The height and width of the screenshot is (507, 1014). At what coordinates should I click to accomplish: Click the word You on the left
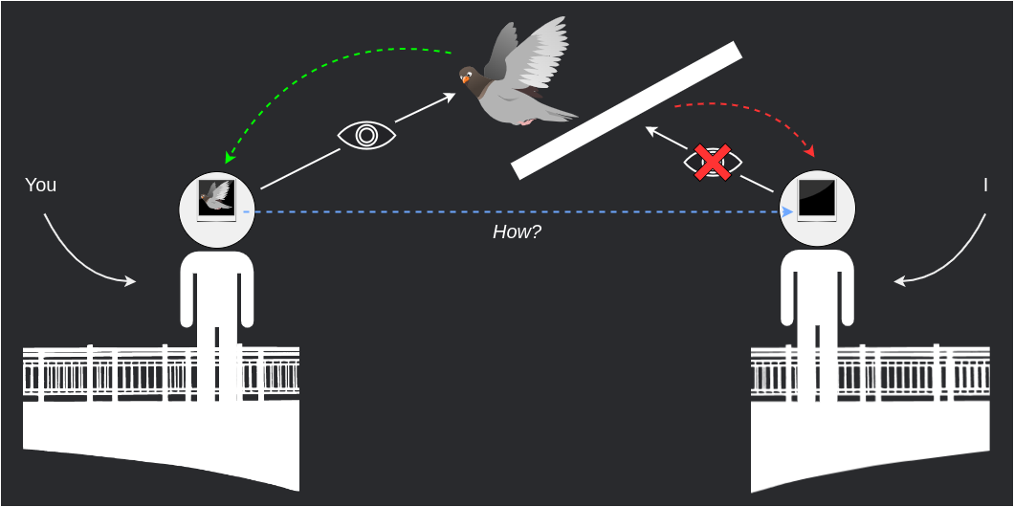pyautogui.click(x=40, y=185)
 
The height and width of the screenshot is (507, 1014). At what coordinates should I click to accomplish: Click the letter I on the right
pyautogui.click(x=985, y=185)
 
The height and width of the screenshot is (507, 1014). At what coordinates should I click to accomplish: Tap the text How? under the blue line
pyautogui.click(x=517, y=231)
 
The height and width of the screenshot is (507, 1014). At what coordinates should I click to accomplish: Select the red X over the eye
pyautogui.click(x=713, y=163)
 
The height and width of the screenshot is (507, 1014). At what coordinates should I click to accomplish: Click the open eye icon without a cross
pyautogui.click(x=366, y=135)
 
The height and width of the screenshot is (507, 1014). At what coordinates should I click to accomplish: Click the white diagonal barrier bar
pyautogui.click(x=627, y=110)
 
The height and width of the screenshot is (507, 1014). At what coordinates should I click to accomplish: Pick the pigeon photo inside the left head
pyautogui.click(x=216, y=198)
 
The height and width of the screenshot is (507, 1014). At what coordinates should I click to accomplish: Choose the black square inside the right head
pyautogui.click(x=817, y=199)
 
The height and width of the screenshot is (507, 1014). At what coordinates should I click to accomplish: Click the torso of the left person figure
pyautogui.click(x=217, y=287)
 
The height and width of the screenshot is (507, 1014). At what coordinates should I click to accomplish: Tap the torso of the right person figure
pyautogui.click(x=817, y=287)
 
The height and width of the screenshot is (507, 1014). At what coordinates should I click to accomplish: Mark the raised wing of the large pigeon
pyautogui.click(x=536, y=53)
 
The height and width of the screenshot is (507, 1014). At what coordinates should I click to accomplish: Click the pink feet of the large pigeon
pyautogui.click(x=526, y=121)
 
